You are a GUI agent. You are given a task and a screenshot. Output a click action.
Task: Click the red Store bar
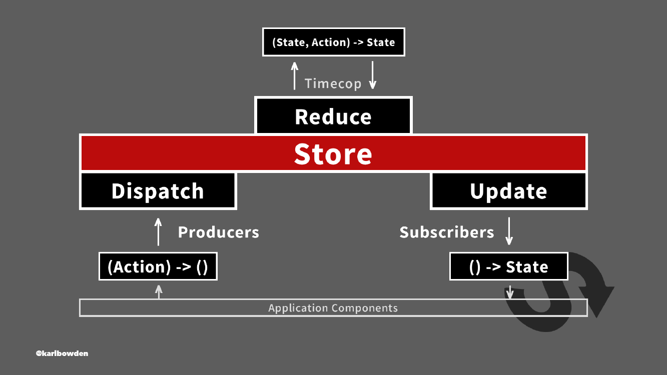pos(333,153)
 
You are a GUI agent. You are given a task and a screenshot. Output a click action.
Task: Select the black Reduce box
pos(333,115)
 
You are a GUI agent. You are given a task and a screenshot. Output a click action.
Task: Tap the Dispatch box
pos(158,190)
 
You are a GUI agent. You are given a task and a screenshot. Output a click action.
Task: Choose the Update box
pos(508,190)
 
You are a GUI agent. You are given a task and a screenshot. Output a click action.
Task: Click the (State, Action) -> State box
pos(333,42)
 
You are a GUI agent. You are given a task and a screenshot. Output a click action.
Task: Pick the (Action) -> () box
pos(158,266)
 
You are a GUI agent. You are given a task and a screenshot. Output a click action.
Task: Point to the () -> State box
pos(508,266)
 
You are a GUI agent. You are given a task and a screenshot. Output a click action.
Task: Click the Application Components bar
pos(333,307)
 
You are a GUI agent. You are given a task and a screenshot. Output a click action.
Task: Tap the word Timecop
pos(333,83)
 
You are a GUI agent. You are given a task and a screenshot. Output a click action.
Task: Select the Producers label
pos(219,232)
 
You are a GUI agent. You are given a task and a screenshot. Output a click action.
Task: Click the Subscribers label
pos(447,232)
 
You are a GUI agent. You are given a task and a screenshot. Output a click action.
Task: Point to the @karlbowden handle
pos(62,353)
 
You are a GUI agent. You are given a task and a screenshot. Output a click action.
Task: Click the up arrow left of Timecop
pos(295,75)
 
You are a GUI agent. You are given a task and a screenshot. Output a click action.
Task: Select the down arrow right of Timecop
pos(372,75)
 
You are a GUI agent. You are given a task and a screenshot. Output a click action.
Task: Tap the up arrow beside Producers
pos(158,232)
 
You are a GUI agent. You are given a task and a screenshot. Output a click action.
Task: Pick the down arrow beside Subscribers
pos(509,231)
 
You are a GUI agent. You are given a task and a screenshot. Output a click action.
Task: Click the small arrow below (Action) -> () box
pos(159,292)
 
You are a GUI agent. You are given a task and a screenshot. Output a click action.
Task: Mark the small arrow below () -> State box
pos(510,292)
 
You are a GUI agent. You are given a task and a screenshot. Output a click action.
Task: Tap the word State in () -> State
pos(527,266)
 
